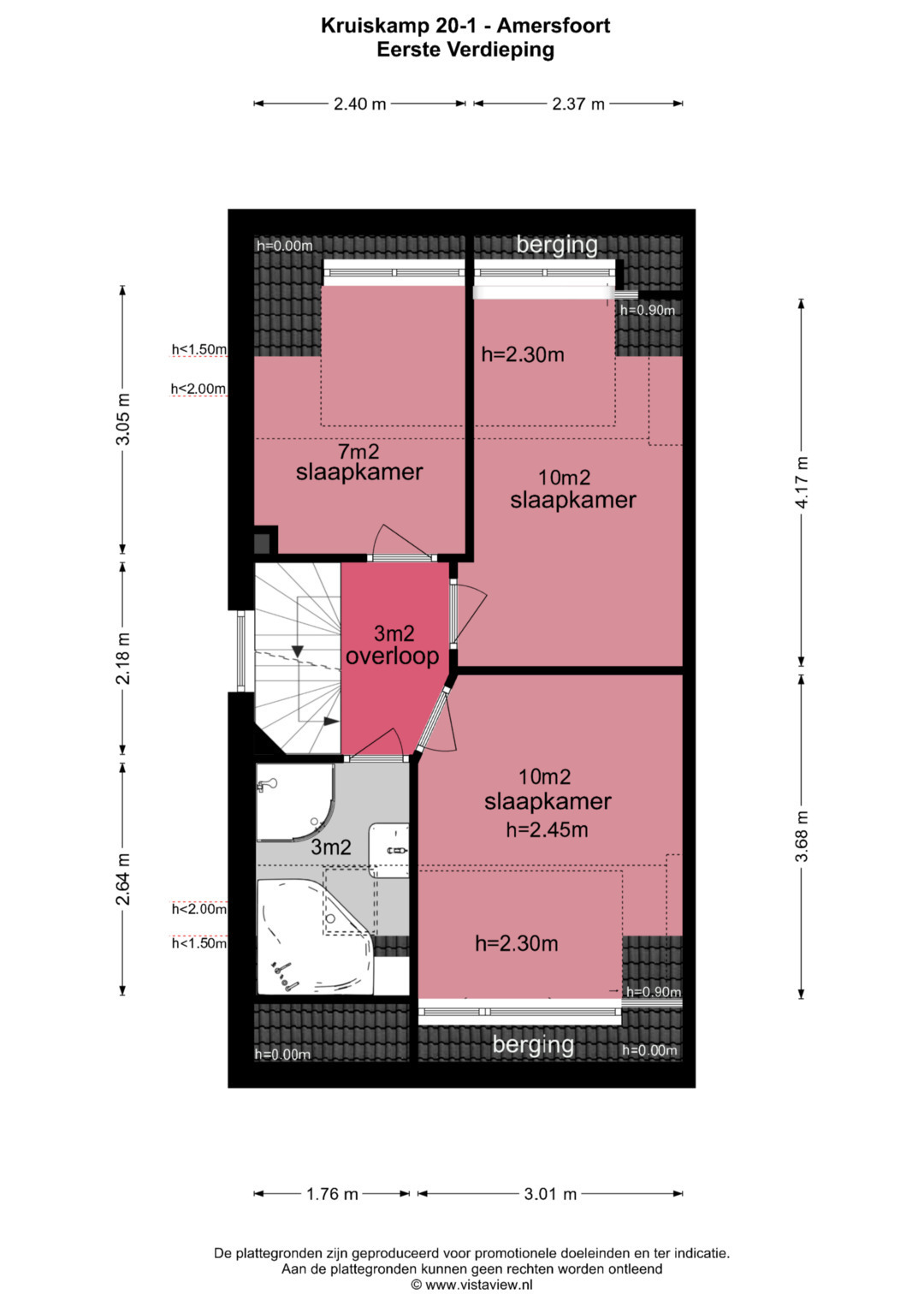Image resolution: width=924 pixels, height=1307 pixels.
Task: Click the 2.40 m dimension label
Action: [x=359, y=104]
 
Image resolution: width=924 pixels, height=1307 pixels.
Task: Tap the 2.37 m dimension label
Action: [x=578, y=104]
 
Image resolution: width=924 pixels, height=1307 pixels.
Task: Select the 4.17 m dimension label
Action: [x=802, y=483]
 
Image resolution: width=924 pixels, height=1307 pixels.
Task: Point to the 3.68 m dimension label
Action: [x=802, y=835]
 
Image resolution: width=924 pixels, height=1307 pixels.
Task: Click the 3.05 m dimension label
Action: [x=123, y=419]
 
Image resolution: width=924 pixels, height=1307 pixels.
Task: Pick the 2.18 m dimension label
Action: [x=123, y=658]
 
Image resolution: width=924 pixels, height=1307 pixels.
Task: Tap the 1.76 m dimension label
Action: [x=332, y=1193]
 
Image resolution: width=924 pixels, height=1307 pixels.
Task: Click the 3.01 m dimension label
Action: [x=550, y=1193]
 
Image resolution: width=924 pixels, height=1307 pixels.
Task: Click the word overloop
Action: [x=392, y=656]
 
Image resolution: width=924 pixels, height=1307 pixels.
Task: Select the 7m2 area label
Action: [x=358, y=450]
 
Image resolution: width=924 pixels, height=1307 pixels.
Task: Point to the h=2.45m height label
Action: [x=547, y=829]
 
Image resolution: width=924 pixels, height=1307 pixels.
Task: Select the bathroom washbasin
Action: [x=389, y=850]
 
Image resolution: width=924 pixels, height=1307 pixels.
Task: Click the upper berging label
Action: [x=556, y=246]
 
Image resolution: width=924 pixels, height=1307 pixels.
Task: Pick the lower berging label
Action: [x=533, y=1044]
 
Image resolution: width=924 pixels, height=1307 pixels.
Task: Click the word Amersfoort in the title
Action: [x=554, y=26]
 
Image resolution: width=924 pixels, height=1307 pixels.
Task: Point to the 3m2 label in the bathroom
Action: [x=331, y=847]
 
